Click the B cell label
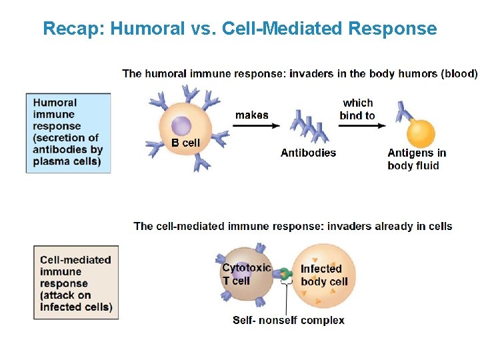point(185,142)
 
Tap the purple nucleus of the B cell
point(181,127)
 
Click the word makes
point(252,115)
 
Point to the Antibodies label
point(308,153)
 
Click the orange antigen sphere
point(421,133)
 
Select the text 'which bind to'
point(357,109)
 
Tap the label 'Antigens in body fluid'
point(417,159)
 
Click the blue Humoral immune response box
point(68,132)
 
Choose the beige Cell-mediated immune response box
point(76,283)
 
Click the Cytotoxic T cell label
point(246,274)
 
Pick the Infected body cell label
point(324,275)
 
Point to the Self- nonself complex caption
point(288,320)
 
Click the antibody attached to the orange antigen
point(402,112)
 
